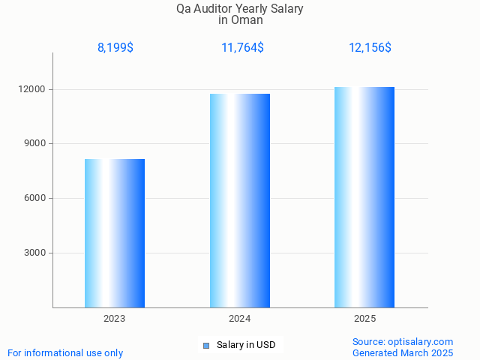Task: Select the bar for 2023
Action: click(115, 233)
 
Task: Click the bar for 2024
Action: click(240, 200)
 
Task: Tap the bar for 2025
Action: click(364, 197)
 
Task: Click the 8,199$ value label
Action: click(115, 48)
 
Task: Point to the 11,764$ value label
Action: click(242, 48)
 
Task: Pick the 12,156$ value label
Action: click(370, 48)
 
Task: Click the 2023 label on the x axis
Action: click(115, 319)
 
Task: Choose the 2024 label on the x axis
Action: click(240, 319)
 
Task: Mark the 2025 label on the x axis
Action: click(364, 319)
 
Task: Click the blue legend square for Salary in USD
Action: click(205, 345)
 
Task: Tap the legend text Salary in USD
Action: click(246, 345)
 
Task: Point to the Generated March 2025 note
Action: click(403, 352)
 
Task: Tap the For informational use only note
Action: click(65, 352)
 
